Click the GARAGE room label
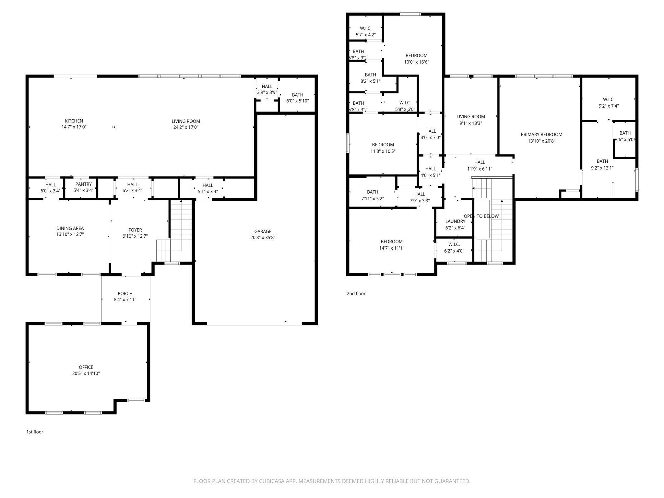coord(263,231)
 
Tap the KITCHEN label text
coord(74,121)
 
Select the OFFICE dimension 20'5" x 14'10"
coord(86,373)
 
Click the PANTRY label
coord(83,184)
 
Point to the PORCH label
coord(125,293)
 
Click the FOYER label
coord(135,230)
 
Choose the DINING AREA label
coord(70,228)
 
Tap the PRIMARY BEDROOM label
coord(541,135)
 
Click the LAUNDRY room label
coord(455,221)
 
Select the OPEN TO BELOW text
coord(481,216)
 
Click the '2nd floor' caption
coord(356,293)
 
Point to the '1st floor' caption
coord(35,432)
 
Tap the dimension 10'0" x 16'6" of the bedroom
coord(416,62)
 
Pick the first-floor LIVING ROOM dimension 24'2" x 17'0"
coord(186,127)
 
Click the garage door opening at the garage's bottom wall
coord(254,324)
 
